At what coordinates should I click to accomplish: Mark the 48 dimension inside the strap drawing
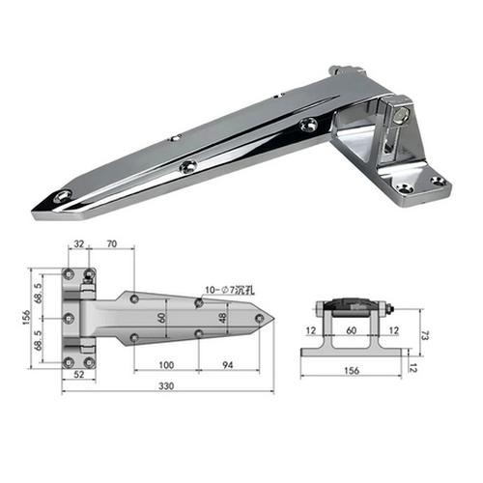coord(224,317)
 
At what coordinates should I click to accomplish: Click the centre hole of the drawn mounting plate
coord(70,318)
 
